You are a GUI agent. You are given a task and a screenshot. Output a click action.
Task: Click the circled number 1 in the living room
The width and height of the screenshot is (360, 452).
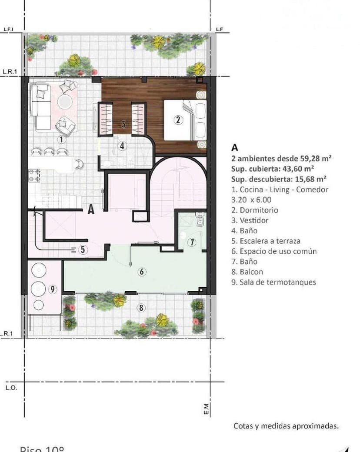pyautogui.click(x=61, y=140)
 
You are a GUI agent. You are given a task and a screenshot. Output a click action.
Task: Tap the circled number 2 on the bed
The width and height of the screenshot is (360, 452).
pyautogui.click(x=177, y=120)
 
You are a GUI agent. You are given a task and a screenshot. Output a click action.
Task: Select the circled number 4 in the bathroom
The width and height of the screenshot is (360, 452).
pyautogui.click(x=123, y=146)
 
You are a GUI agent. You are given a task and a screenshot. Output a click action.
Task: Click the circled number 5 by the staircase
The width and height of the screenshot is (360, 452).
pyautogui.click(x=83, y=249)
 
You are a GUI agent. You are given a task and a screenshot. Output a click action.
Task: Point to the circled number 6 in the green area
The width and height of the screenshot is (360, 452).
pyautogui.click(x=141, y=272)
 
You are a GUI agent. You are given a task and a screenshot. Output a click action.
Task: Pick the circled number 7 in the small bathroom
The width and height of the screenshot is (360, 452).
pyautogui.click(x=192, y=243)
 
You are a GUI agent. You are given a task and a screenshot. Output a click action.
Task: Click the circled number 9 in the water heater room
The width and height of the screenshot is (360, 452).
pyautogui.click(x=53, y=289)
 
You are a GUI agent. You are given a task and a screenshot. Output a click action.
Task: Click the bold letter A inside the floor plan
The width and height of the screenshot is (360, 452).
pyautogui.click(x=91, y=209)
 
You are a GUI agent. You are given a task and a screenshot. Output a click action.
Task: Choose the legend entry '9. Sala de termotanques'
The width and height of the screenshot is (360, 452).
pyautogui.click(x=273, y=282)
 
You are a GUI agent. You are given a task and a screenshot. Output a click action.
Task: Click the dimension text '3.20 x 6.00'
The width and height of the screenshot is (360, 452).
pyautogui.click(x=251, y=199)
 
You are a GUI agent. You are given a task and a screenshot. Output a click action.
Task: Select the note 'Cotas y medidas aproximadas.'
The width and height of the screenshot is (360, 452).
pyautogui.click(x=286, y=426)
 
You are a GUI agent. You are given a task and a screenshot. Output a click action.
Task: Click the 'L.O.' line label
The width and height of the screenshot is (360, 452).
pyautogui.click(x=12, y=388)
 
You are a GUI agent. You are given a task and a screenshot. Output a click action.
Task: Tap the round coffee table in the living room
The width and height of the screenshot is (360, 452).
pyautogui.click(x=65, y=102)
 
